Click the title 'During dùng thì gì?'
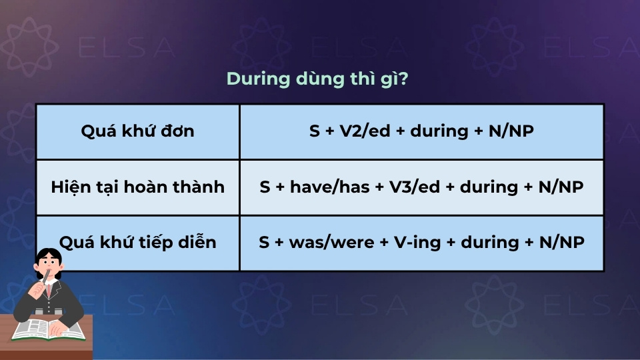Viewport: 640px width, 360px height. click(x=317, y=79)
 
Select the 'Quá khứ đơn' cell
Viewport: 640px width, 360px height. click(x=137, y=131)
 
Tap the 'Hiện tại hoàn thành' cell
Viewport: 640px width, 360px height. click(x=137, y=187)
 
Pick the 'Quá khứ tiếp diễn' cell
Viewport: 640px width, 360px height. click(x=137, y=242)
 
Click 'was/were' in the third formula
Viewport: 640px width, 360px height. click(x=322, y=242)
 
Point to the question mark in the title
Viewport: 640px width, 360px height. click(x=404, y=79)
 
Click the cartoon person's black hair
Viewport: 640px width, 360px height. click(x=48, y=257)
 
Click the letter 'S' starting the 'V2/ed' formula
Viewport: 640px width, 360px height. click(x=315, y=131)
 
